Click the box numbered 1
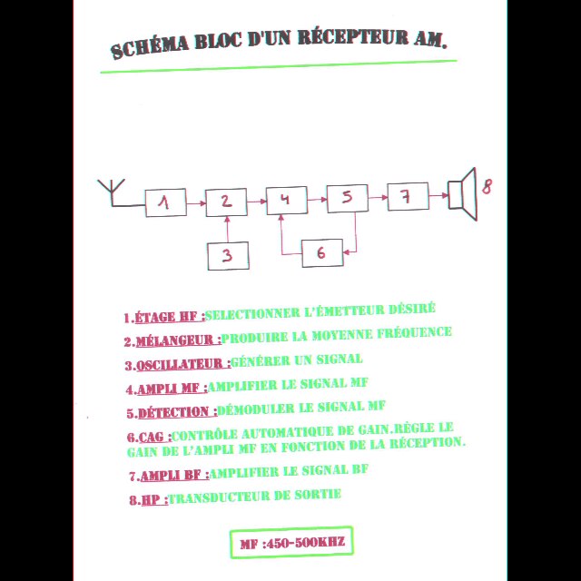(165, 203)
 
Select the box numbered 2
(226, 202)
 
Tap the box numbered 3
(228, 256)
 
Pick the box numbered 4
(285, 200)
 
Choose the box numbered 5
(347, 198)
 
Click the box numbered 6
(321, 253)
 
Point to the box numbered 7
(408, 196)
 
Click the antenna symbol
(112, 192)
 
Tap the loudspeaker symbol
(463, 194)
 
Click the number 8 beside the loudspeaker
(487, 186)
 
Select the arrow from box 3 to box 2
(227, 230)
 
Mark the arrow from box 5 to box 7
(377, 197)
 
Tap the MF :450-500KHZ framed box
(290, 543)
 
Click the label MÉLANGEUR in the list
(178, 341)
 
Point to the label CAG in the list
(153, 438)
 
